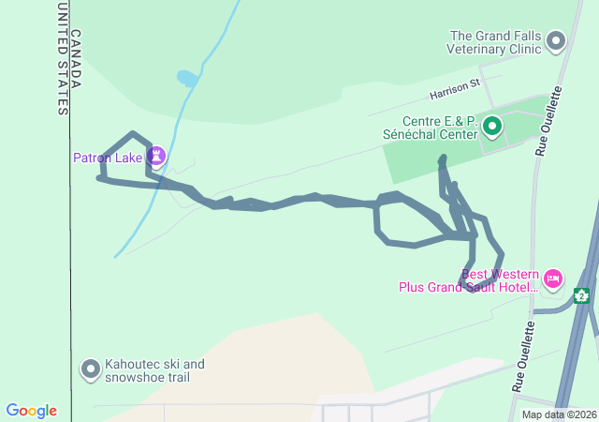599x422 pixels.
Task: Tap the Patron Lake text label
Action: [107, 158]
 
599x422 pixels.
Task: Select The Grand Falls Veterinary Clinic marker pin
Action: [557, 40]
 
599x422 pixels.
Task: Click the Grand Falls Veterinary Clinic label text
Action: [494, 41]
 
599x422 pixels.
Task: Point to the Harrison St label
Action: [455, 90]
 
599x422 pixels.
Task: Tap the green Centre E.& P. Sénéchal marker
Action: [492, 127]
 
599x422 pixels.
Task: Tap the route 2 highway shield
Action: [582, 296]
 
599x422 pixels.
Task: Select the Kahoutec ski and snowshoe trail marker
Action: [91, 369]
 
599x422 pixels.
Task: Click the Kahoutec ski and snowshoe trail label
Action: [153, 370]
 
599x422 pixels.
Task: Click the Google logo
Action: [32, 411]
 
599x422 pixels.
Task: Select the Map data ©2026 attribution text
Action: [558, 414]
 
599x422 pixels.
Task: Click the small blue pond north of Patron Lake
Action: [187, 78]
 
